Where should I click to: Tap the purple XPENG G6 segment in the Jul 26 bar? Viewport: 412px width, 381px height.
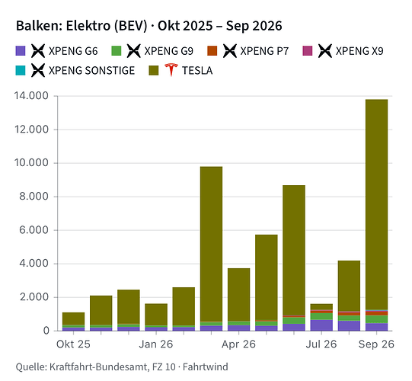(321, 325)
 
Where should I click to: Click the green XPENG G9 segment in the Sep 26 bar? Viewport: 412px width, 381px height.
(376, 319)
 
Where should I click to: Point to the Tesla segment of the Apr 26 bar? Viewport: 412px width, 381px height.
(239, 294)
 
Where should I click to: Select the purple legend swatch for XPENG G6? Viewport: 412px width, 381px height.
(21, 51)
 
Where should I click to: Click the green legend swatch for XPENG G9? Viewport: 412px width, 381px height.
(117, 51)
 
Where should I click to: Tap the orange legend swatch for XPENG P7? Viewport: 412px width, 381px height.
(212, 51)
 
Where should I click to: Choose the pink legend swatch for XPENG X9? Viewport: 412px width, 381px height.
(308, 51)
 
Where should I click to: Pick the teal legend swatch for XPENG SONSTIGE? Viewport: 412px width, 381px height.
(21, 70)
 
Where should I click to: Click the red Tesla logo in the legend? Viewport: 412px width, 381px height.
(171, 69)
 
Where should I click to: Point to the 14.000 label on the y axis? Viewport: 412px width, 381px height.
(31, 96)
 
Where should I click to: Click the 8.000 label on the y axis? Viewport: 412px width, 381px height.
(34, 197)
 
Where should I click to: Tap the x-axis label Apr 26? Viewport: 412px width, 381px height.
(238, 344)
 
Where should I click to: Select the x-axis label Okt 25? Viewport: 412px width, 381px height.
(73, 344)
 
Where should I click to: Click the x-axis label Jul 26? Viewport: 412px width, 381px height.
(321, 344)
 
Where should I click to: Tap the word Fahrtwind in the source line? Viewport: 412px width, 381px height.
(205, 367)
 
